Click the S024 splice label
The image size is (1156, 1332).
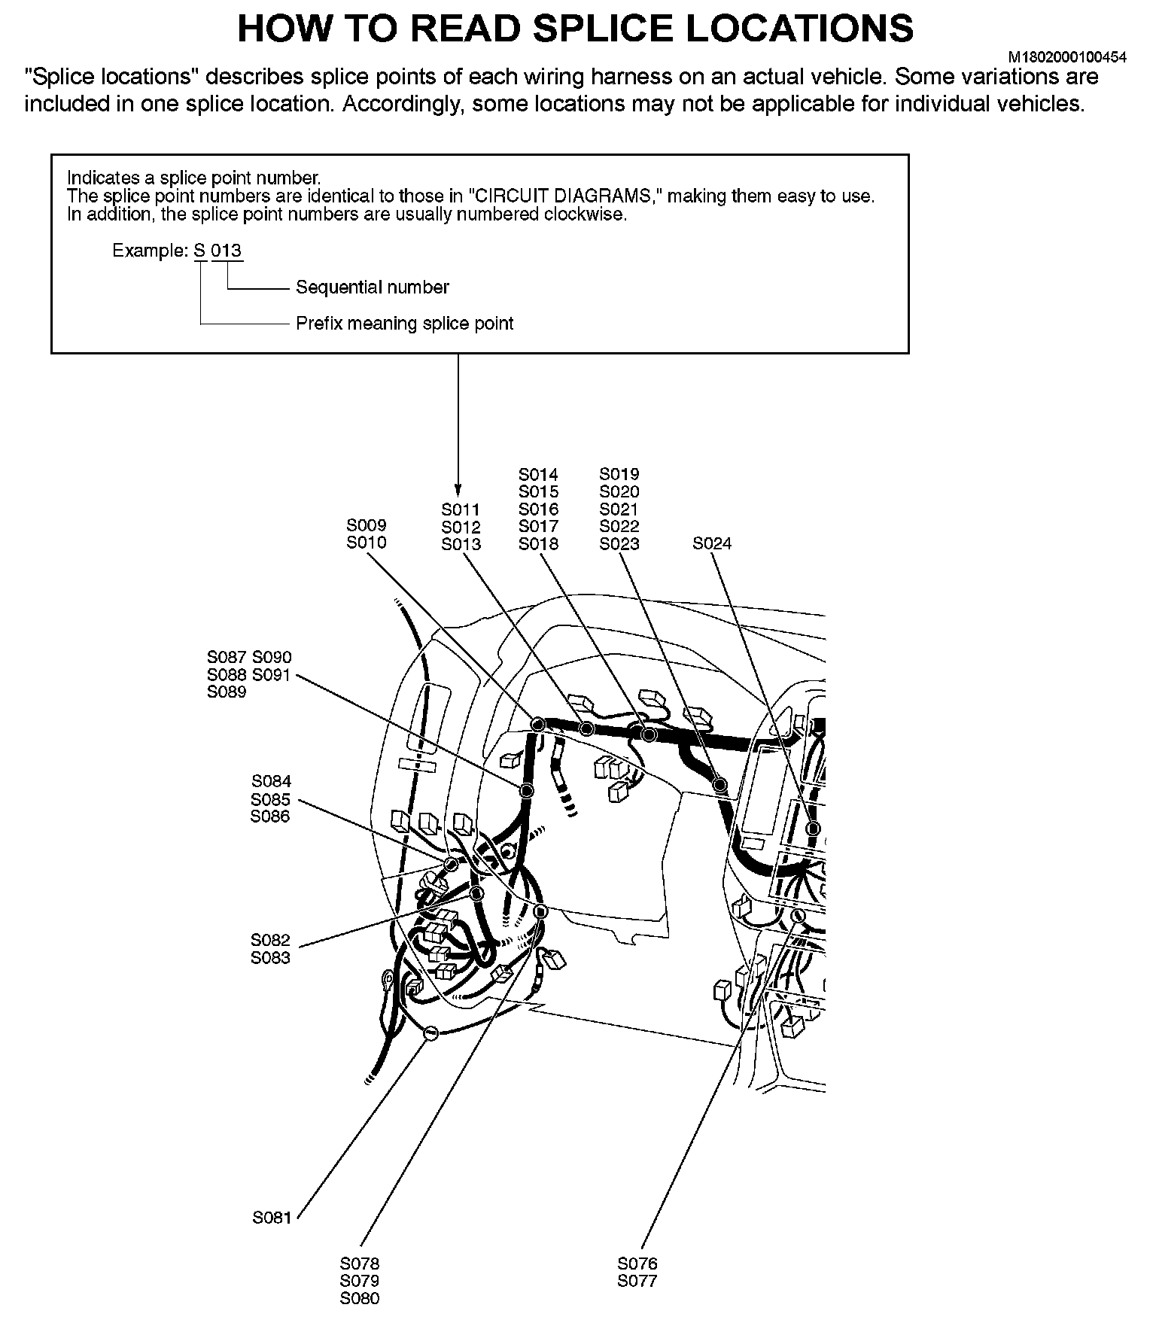(x=711, y=543)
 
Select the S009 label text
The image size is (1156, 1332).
(x=367, y=525)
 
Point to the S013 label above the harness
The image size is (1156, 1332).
(x=461, y=544)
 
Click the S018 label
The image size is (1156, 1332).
(x=538, y=544)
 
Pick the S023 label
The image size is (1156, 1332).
(x=619, y=544)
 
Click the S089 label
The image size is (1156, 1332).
(x=227, y=692)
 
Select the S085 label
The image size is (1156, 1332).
(x=271, y=799)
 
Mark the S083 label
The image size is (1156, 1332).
(x=270, y=958)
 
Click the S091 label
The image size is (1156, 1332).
(x=271, y=675)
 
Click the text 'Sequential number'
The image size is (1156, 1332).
(x=372, y=287)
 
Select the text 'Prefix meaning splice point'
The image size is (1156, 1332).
(x=404, y=324)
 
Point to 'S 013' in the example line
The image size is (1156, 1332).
(x=218, y=251)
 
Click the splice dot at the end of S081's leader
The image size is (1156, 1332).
(x=430, y=1033)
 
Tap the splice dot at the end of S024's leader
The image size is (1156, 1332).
(x=813, y=829)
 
